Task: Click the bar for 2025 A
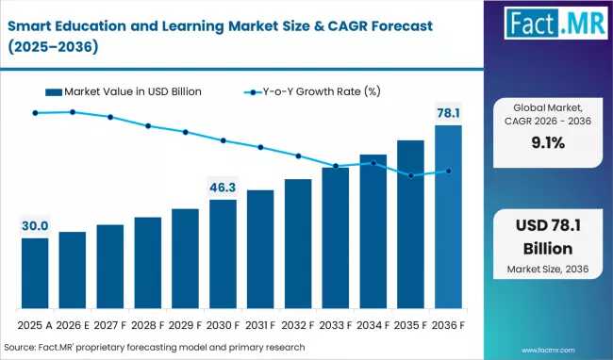[x=35, y=273]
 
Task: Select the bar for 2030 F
[x=223, y=254]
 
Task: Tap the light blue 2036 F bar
[x=448, y=217]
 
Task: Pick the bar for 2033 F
[x=336, y=237]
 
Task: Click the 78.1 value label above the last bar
[x=448, y=113]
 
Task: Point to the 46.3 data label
[x=223, y=188]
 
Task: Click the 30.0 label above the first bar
[x=35, y=225]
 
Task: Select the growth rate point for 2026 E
[x=73, y=112]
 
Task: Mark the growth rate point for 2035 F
[x=411, y=175]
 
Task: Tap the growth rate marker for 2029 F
[x=185, y=132]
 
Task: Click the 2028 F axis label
[x=147, y=325]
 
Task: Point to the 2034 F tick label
[x=373, y=325]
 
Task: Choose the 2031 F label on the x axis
[x=260, y=325]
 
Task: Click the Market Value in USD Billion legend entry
[x=124, y=91]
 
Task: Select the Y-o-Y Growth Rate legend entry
[x=312, y=91]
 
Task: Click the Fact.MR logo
[x=555, y=23]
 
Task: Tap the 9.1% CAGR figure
[x=548, y=143]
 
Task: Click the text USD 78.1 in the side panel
[x=548, y=225]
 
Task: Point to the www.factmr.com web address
[x=548, y=351]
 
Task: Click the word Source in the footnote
[x=20, y=347]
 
